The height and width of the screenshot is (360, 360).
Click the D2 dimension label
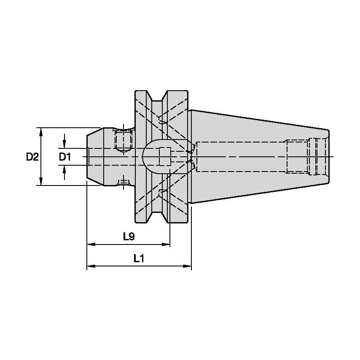point(32,157)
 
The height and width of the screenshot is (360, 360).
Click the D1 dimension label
point(64,157)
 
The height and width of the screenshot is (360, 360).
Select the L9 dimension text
point(129,236)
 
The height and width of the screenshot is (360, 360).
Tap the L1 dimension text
point(139,259)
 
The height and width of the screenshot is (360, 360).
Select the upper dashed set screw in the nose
point(123,141)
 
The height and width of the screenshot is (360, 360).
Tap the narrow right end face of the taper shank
point(328,157)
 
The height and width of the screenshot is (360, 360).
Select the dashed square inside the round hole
point(165,157)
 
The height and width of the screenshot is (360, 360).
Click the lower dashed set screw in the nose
point(123,182)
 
